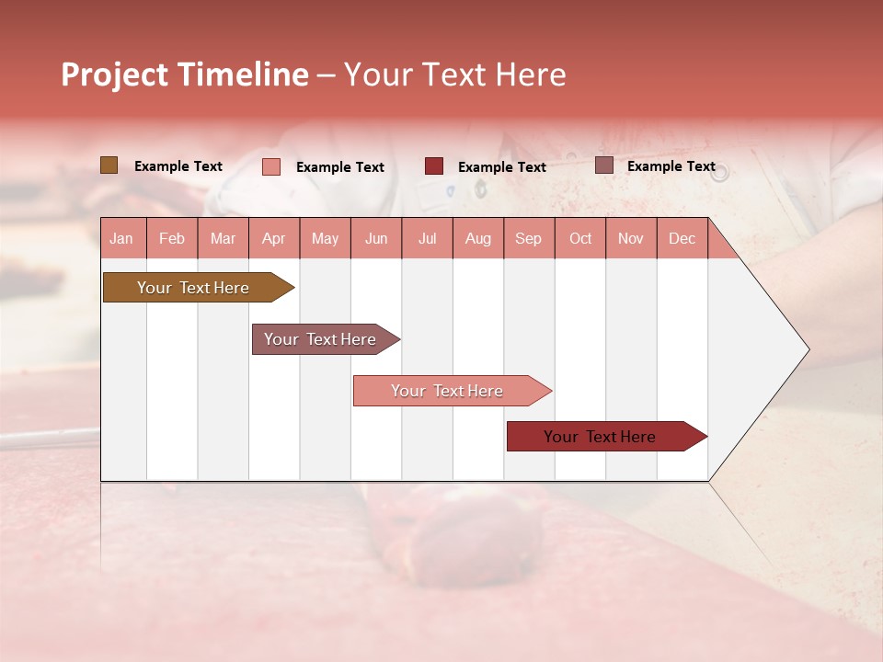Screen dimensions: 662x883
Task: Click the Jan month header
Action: click(x=121, y=238)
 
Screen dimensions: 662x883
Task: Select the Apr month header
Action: click(x=273, y=238)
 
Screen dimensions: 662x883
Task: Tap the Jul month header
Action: click(x=427, y=238)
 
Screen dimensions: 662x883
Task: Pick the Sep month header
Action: click(x=528, y=238)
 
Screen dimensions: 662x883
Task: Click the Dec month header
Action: click(x=682, y=238)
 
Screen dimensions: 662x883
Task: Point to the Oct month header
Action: click(x=580, y=238)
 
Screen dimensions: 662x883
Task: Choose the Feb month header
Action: click(x=172, y=238)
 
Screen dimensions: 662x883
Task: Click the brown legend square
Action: click(x=109, y=165)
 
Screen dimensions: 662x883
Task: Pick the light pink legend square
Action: click(x=271, y=166)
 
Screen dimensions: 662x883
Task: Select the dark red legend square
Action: click(x=434, y=166)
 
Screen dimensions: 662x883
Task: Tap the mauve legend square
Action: click(x=604, y=165)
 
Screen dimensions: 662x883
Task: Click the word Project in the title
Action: click(x=113, y=74)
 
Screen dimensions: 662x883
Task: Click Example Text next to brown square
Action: click(x=178, y=166)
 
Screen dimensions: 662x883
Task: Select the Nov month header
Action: click(x=631, y=238)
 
